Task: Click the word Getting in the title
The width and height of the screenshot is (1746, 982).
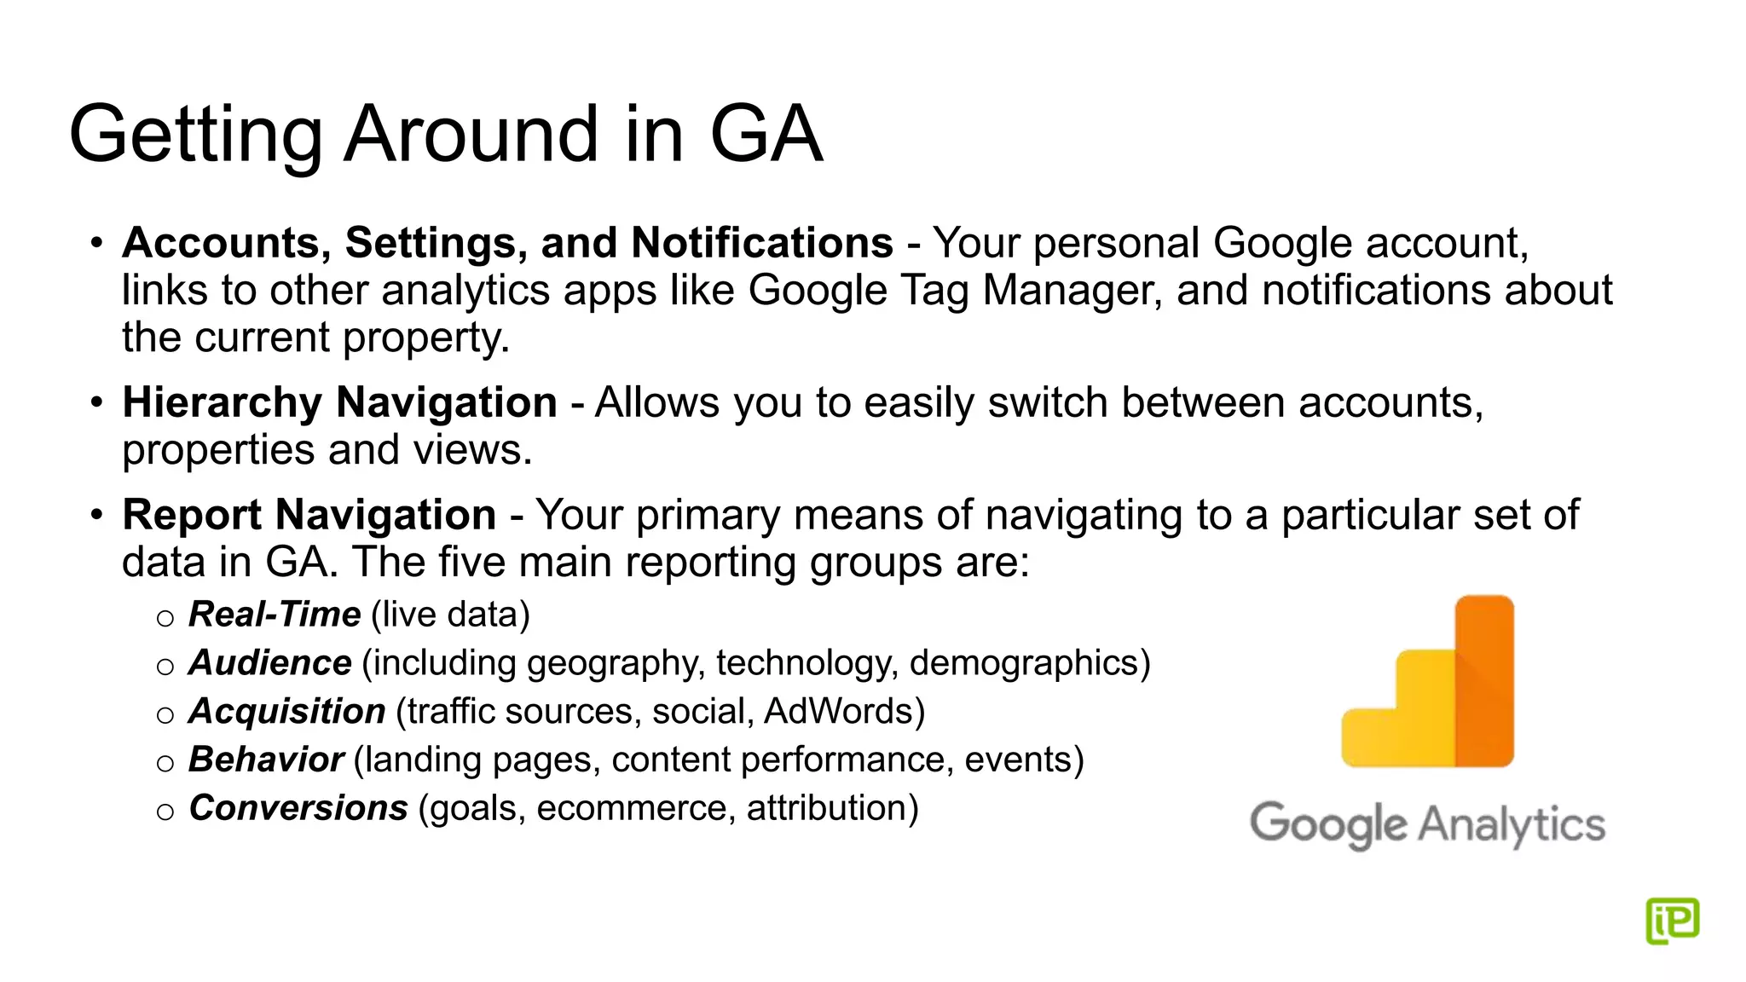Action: point(195,136)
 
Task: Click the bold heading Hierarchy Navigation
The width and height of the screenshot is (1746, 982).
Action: point(339,402)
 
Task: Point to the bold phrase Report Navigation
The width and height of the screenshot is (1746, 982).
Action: point(309,515)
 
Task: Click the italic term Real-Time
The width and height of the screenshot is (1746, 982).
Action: point(275,615)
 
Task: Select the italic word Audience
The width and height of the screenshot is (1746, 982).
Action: point(269,663)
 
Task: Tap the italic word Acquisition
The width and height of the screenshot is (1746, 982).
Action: point(286,712)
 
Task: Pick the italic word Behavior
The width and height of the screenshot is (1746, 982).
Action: point(265,760)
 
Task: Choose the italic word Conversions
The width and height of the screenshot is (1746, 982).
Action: point(298,808)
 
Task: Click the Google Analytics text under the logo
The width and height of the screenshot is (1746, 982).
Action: point(1427,824)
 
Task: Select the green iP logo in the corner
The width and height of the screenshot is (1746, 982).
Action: point(1672,921)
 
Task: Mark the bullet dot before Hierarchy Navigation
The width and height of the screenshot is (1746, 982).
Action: point(97,401)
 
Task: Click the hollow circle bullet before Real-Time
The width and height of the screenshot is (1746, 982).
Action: point(165,618)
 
